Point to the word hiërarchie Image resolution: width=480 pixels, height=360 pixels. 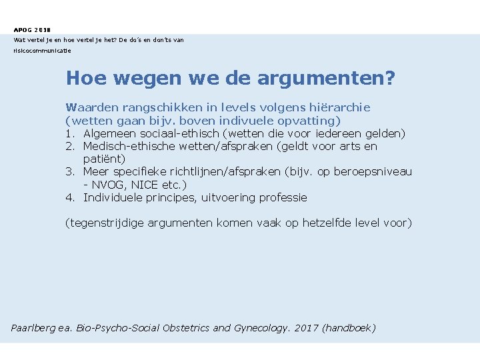click(339, 107)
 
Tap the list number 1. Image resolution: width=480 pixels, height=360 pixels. click(69, 133)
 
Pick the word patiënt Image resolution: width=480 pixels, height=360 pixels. click(104, 159)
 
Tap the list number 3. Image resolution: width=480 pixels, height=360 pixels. click(69, 172)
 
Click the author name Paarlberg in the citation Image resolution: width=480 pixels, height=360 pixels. click(35, 328)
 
